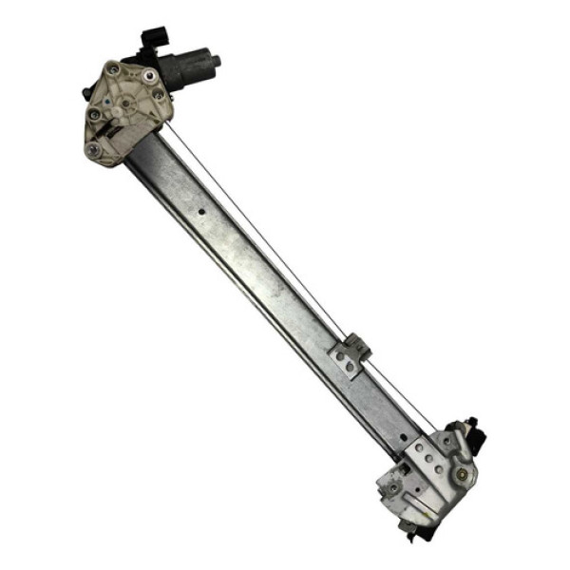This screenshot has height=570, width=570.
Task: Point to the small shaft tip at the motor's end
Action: (x=217, y=60)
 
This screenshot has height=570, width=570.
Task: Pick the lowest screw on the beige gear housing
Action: (x=92, y=150)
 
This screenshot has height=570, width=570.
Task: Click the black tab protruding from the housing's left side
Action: (x=87, y=93)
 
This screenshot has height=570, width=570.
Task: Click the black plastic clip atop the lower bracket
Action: (x=471, y=432)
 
